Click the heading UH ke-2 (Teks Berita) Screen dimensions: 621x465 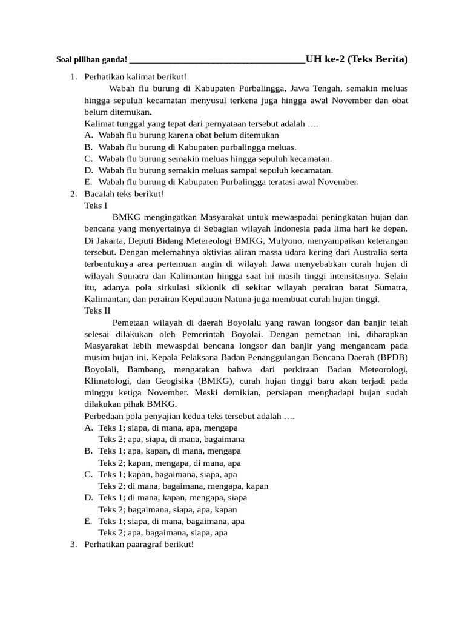(x=357, y=59)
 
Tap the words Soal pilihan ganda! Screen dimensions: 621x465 (x=91, y=59)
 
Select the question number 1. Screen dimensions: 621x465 (x=73, y=77)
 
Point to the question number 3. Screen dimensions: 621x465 (x=73, y=545)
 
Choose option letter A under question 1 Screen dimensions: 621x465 (x=88, y=135)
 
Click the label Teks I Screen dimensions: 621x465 (x=96, y=206)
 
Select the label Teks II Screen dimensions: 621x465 (x=97, y=310)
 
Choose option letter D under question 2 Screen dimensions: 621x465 (x=88, y=498)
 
